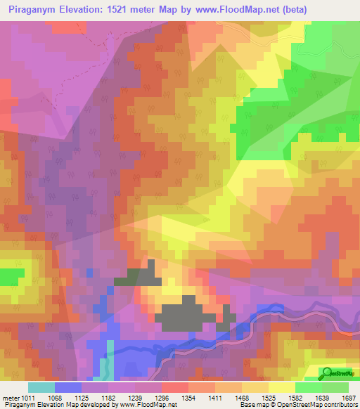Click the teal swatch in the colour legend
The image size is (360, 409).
(41, 387)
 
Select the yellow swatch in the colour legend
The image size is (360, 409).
(281, 387)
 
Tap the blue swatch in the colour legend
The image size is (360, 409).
(68, 387)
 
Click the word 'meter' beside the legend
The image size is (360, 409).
(11, 398)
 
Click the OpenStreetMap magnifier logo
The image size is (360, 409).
(328, 372)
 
